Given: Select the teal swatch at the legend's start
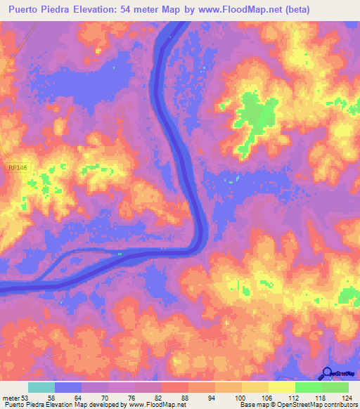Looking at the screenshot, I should coord(41,387).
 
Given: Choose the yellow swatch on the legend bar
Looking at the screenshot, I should coord(281,387).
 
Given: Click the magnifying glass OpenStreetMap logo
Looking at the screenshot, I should coord(326,372).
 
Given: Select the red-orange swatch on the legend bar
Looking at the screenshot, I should coord(174,387).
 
